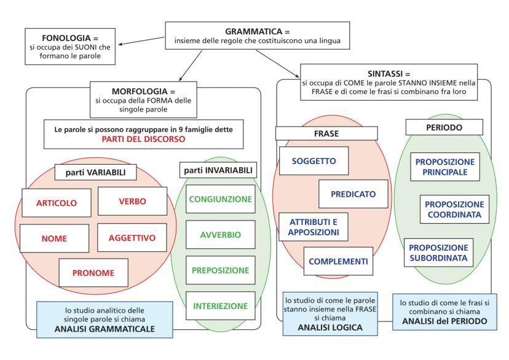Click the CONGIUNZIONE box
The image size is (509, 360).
tap(220, 199)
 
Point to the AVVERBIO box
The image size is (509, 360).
tap(220, 234)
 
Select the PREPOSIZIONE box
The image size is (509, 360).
tap(220, 269)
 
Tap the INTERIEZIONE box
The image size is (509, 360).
tap(220, 305)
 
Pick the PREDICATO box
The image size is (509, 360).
tap(353, 194)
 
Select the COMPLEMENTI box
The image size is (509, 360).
tap(337, 260)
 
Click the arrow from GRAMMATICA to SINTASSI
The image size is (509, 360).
tap(277, 62)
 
